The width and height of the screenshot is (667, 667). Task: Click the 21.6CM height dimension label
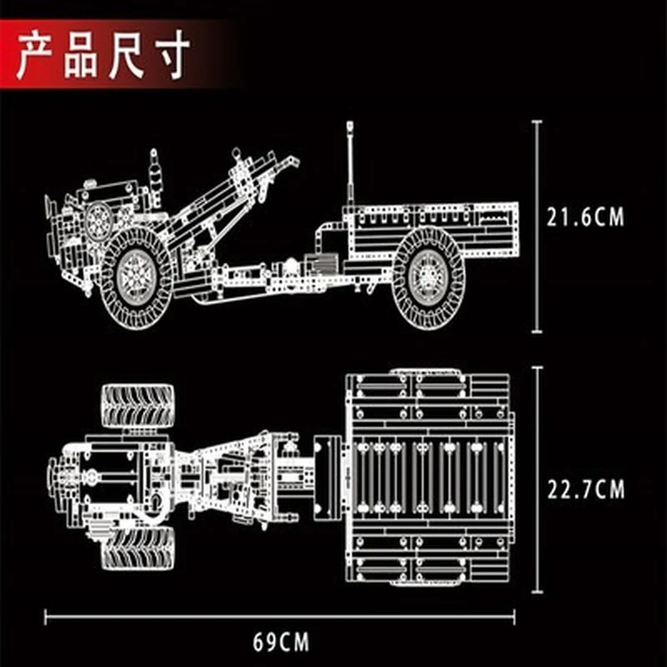pos(585,217)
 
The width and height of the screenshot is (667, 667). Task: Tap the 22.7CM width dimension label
pos(586,489)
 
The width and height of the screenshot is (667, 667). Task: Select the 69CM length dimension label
pos(281,642)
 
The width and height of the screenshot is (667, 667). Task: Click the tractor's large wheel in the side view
pos(137,278)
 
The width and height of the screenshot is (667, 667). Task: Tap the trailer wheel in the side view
pos(429,278)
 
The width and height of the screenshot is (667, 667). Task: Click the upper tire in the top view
pos(138,406)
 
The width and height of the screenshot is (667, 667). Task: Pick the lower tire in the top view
pos(138,548)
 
